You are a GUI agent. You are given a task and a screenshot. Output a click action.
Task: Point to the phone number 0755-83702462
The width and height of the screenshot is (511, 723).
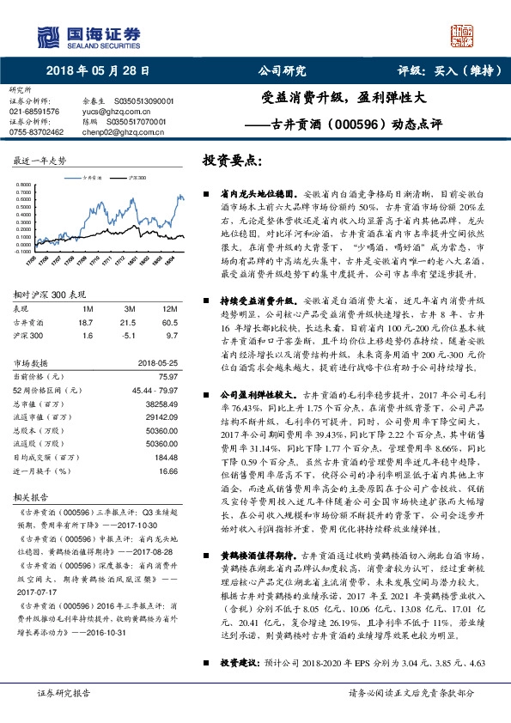(36, 132)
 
